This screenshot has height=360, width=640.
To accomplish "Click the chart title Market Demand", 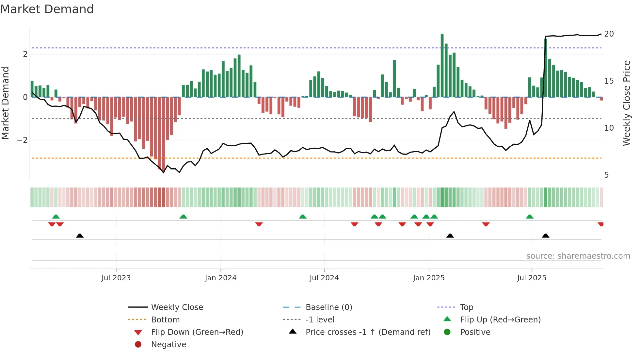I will coord(47,9).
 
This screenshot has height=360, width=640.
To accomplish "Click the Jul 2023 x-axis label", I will coord(116,278).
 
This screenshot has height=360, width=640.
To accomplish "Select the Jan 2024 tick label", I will coord(221,278).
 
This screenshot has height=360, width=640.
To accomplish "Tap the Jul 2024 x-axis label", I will coord(324,278).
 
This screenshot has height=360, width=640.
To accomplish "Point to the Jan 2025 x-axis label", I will coord(429,278).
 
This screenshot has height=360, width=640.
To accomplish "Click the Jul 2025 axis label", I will coord(532,278).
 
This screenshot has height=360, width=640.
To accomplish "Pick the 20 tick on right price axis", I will coord(609,34).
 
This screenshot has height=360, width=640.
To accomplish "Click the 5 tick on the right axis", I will coord(606,175).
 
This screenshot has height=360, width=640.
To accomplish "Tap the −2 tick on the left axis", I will coord(22,140).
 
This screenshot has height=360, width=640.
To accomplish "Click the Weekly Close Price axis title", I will coord(627,103).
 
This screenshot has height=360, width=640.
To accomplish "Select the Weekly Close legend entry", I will coord(177,307).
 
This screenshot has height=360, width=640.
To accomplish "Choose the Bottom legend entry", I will coord(165,320).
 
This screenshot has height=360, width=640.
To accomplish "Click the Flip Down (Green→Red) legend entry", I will coord(197,332).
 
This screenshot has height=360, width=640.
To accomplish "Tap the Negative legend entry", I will coord(168,345).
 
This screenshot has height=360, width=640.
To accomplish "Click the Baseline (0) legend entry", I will coord(329,307).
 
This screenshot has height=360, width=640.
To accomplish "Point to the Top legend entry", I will coord(467,307).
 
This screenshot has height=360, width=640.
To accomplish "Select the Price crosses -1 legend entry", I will coord(368,332).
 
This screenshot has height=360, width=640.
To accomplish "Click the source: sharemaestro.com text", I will coord(578,256).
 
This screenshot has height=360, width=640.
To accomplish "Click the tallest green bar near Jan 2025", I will coord(442,65).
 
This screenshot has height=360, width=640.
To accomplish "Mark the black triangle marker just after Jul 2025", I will coord(545,236).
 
